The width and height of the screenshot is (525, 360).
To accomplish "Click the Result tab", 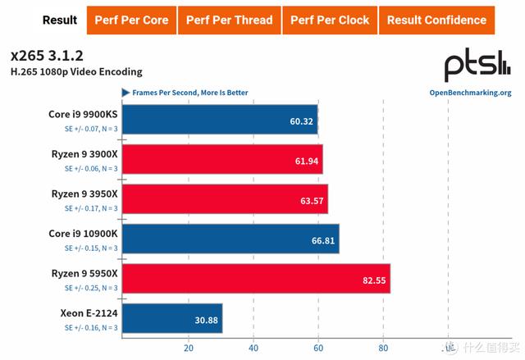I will point(60,20).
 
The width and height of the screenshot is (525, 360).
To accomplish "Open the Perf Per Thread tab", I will point(228,20).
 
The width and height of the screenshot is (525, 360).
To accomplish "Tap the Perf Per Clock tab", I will point(330,20).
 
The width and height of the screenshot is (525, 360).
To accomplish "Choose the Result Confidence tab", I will point(436,20).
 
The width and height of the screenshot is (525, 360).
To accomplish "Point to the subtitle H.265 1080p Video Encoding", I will point(76,72).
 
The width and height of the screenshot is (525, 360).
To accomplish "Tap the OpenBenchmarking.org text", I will point(470,93).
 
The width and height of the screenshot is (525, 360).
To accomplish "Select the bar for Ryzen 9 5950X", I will point(257,279).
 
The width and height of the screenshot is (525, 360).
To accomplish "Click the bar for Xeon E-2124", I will point(173,318).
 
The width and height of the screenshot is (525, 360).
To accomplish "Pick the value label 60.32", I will point(301,121).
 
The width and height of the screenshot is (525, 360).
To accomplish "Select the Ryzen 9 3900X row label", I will point(84,153).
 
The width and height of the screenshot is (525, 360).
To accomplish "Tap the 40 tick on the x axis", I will point(253,347).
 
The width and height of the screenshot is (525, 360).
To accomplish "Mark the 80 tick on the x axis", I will point(382,347).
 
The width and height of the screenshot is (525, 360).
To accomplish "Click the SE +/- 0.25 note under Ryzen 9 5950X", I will point(91,287).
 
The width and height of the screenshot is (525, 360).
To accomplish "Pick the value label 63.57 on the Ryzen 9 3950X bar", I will point(311,200).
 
